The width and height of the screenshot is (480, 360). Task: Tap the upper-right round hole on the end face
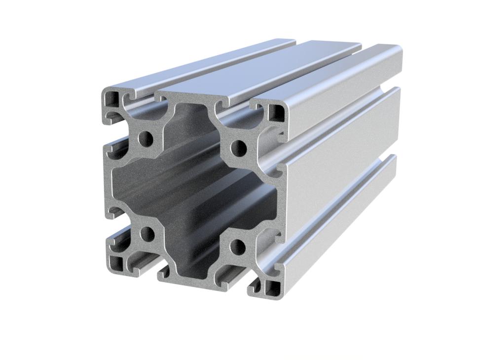point(238,146)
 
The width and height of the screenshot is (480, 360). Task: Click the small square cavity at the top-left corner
point(112,99)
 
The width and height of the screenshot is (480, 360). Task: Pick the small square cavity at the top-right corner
point(273,113)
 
